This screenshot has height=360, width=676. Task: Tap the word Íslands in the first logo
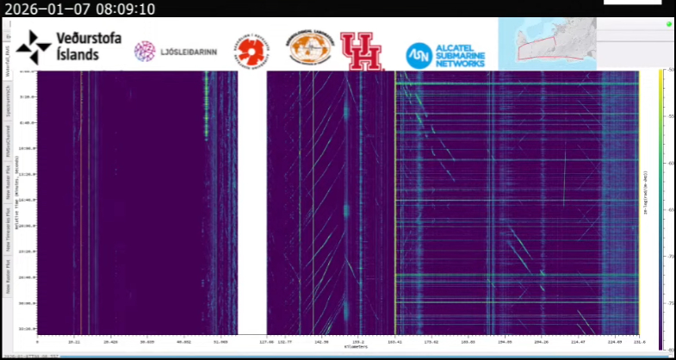[x=78, y=54]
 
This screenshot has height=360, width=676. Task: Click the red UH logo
[x=361, y=51]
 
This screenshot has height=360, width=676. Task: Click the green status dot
[x=668, y=24]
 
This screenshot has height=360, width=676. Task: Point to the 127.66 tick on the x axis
[x=268, y=342]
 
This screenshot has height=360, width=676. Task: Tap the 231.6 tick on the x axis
[x=636, y=342]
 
